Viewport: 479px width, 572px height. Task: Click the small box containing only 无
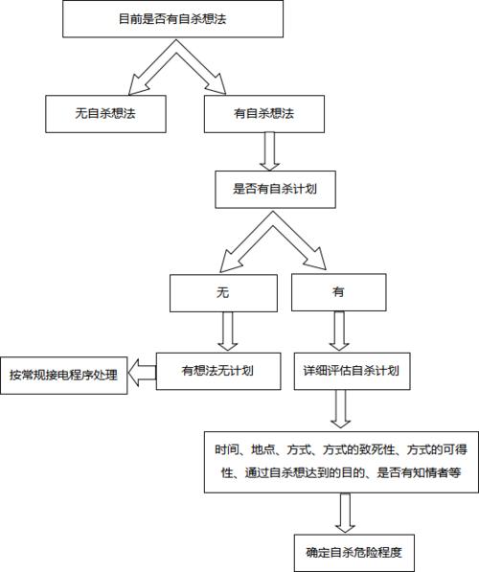(224, 293)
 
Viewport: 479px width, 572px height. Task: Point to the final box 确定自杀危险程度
(354, 552)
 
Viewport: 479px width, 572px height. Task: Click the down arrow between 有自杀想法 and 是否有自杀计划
(269, 149)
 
